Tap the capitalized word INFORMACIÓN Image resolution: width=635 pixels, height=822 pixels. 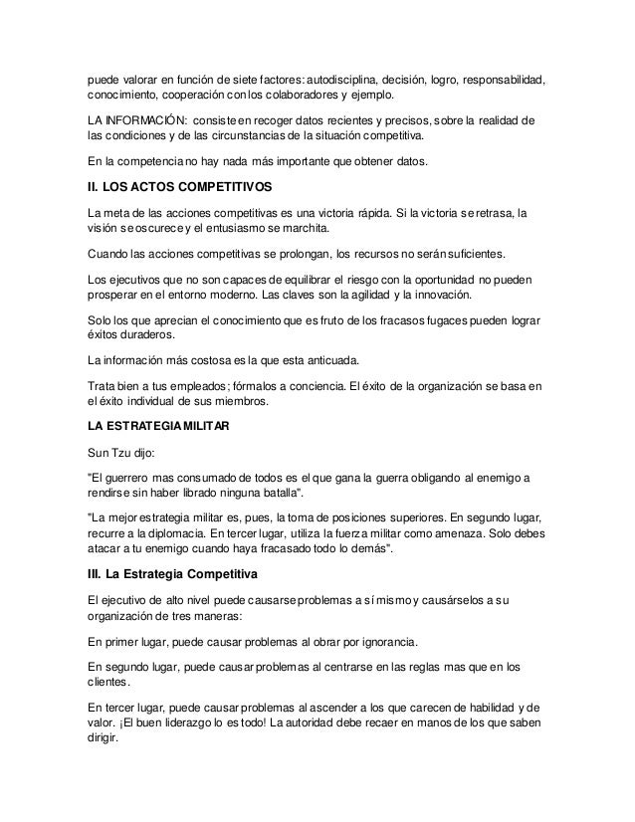tap(141, 120)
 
